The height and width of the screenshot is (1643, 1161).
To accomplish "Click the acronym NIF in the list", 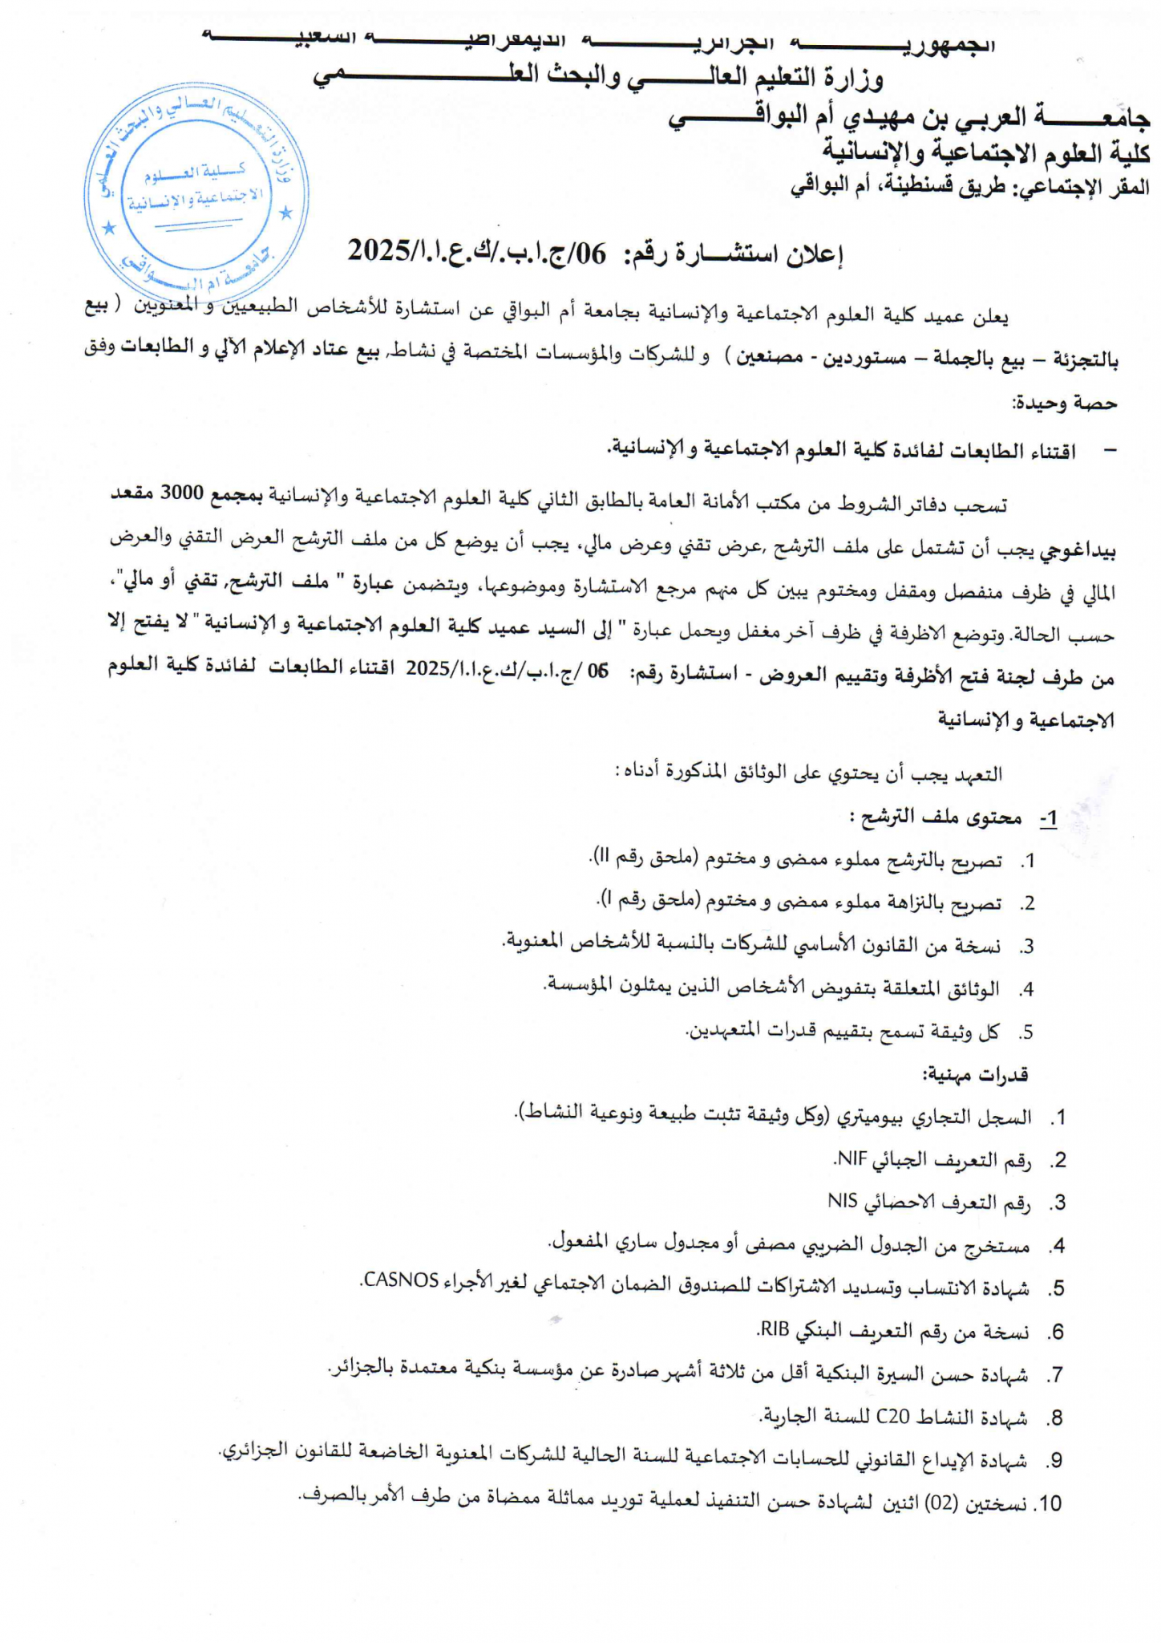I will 851,1158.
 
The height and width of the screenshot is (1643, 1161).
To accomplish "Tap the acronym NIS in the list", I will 843,1200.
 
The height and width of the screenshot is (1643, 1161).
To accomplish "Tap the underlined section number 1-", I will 1048,818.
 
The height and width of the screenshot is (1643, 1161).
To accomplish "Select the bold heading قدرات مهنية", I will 974,1074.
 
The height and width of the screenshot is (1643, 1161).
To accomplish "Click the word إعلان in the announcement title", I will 813,255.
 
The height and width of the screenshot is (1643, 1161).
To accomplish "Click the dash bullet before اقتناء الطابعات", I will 1110,451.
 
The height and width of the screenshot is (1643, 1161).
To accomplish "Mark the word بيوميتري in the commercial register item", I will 874,1116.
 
